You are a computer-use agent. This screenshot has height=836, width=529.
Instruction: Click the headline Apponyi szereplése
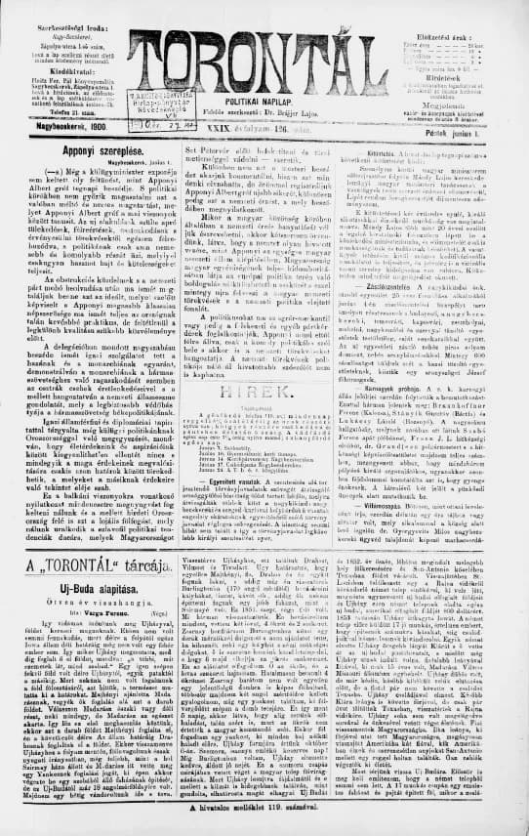89,180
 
